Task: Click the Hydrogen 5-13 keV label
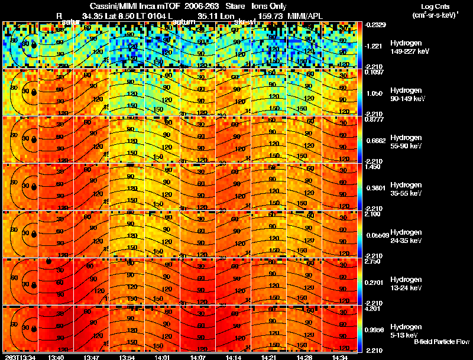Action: tap(405, 330)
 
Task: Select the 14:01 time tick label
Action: tap(162, 357)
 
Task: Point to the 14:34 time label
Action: tap(340, 357)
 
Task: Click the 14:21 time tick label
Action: tap(269, 357)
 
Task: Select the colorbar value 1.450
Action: tap(372, 167)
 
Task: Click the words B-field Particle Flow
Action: tap(441, 342)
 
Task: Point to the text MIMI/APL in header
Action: tap(304, 14)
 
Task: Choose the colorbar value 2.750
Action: tap(372, 261)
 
